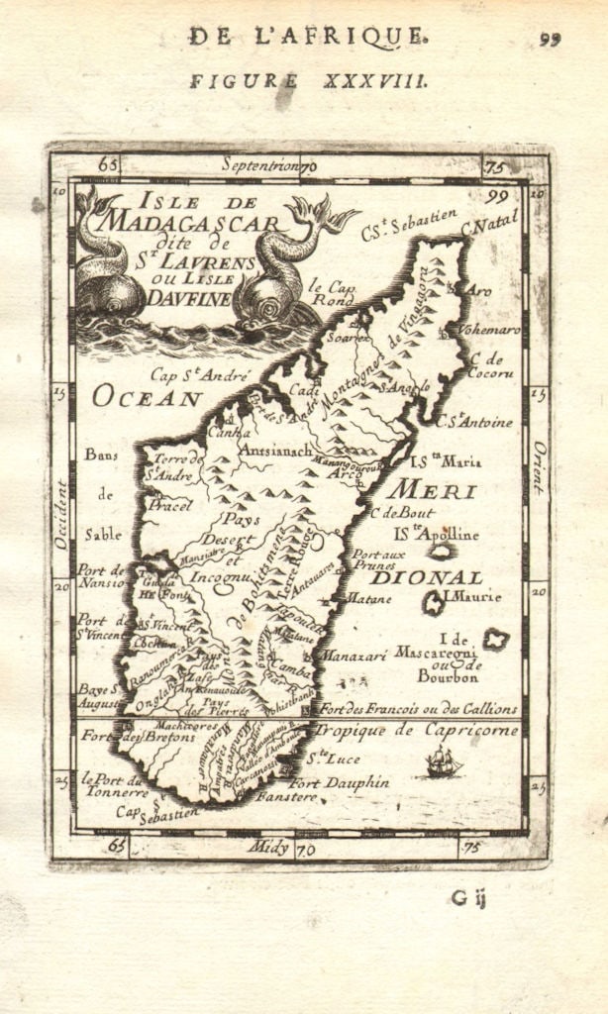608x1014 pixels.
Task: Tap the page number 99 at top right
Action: click(x=551, y=40)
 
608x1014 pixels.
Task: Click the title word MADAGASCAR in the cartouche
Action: click(x=193, y=220)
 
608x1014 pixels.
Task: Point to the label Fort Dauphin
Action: click(x=326, y=782)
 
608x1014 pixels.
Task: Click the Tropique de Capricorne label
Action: click(x=416, y=730)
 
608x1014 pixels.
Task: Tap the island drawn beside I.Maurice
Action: click(x=432, y=601)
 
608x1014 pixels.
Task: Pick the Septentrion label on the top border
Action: click(x=261, y=164)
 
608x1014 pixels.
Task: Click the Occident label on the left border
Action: click(x=61, y=515)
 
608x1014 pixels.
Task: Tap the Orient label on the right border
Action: click(x=538, y=468)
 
